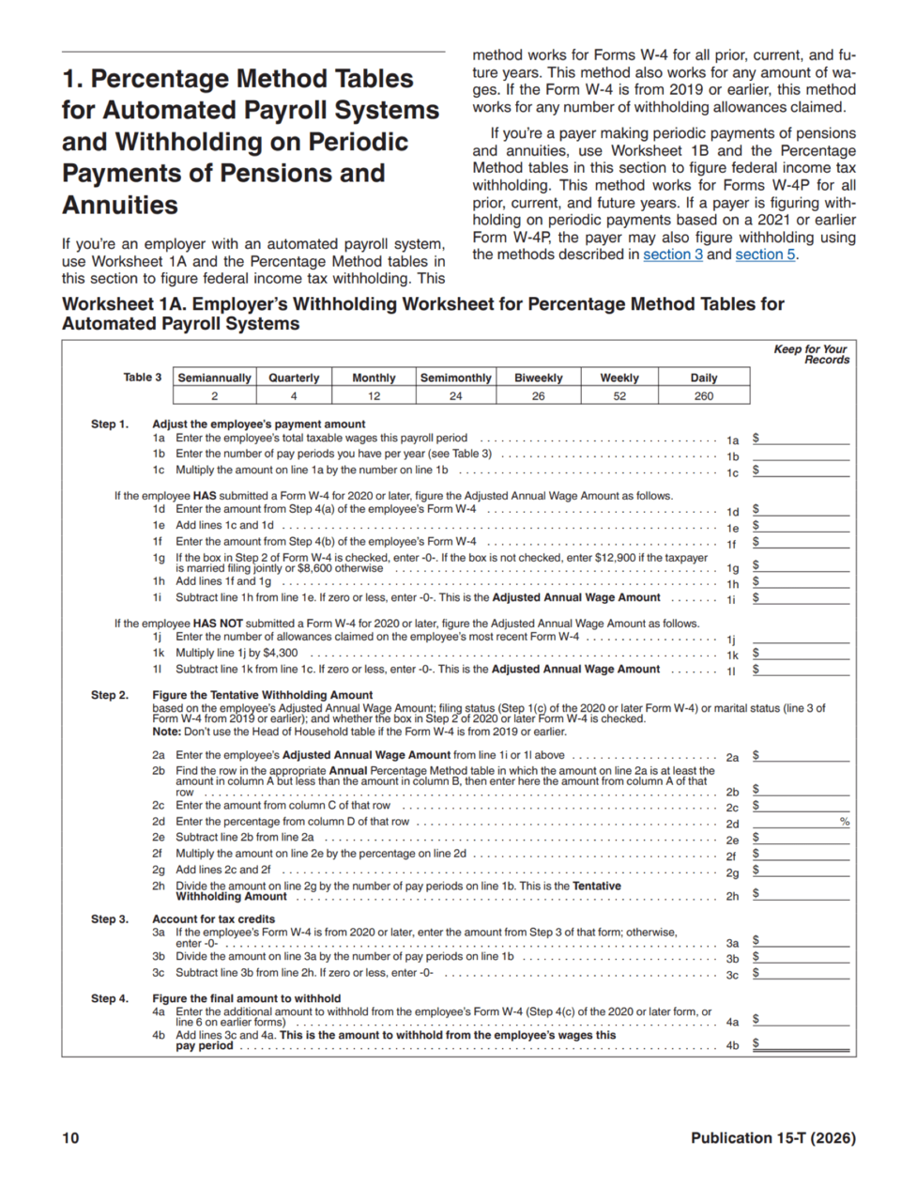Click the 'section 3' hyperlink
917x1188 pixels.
(672, 255)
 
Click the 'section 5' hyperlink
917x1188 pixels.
(764, 255)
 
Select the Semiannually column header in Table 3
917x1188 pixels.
(214, 378)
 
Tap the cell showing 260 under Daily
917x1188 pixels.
(703, 396)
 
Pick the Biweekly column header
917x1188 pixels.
(538, 378)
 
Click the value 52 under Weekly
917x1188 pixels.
(619, 396)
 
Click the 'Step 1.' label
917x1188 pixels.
(110, 424)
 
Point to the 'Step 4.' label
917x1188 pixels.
(110, 998)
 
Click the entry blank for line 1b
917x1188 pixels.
(801, 455)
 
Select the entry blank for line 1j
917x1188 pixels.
(801, 638)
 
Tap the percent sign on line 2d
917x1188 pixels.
(845, 822)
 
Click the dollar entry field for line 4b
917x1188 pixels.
(803, 1043)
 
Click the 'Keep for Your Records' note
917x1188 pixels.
(811, 354)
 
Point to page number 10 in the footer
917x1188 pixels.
(70, 1138)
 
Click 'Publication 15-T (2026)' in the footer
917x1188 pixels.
(772, 1138)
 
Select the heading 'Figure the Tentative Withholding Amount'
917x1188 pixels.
(263, 695)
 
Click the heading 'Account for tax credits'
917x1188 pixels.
(214, 919)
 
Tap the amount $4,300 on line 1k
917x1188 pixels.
(281, 654)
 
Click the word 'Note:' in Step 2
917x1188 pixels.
(165, 732)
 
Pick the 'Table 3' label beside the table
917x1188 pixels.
(143, 378)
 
